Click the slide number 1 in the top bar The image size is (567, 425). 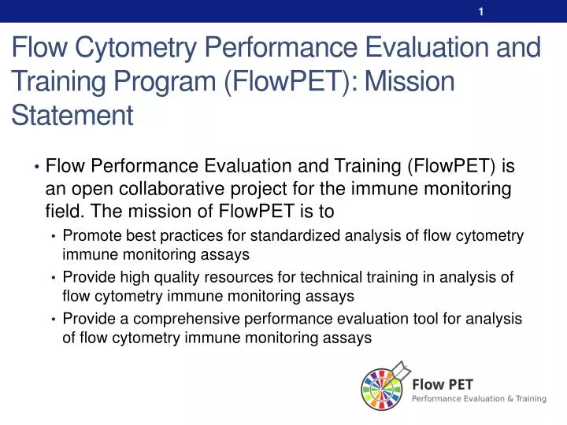point(480,10)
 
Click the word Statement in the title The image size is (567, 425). point(72,116)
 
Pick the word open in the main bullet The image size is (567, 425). point(86,189)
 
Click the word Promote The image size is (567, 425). point(89,235)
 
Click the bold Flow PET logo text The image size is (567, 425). point(442,384)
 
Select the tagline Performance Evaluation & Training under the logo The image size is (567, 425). point(479,399)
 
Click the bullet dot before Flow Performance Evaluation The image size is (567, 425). point(37,167)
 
